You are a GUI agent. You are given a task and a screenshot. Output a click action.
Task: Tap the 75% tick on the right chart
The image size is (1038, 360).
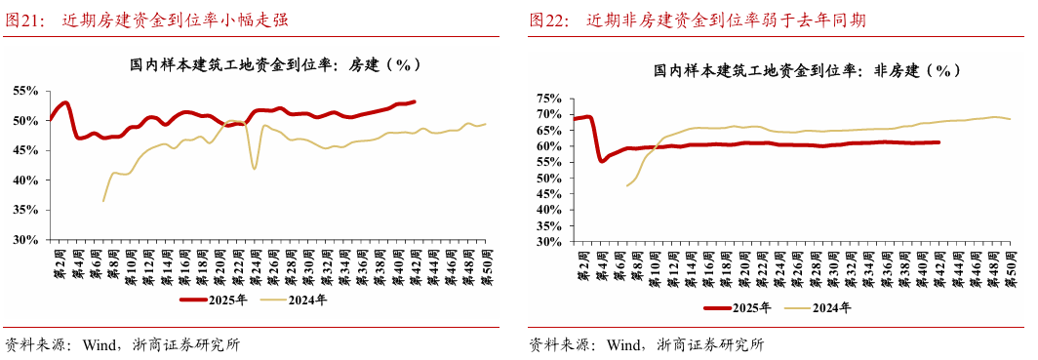[x=548, y=99]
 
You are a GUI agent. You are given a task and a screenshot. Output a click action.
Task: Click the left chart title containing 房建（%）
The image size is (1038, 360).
[x=275, y=65]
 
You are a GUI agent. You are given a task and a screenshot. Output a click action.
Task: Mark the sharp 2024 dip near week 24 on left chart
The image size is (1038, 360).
[x=255, y=169]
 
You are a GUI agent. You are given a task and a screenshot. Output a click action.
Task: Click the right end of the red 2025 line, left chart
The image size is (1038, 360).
[x=415, y=101]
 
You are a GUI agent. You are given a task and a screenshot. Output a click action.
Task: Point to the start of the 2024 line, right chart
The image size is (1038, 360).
[x=626, y=185]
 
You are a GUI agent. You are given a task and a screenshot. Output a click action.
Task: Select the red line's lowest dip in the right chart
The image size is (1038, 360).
[x=601, y=161]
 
